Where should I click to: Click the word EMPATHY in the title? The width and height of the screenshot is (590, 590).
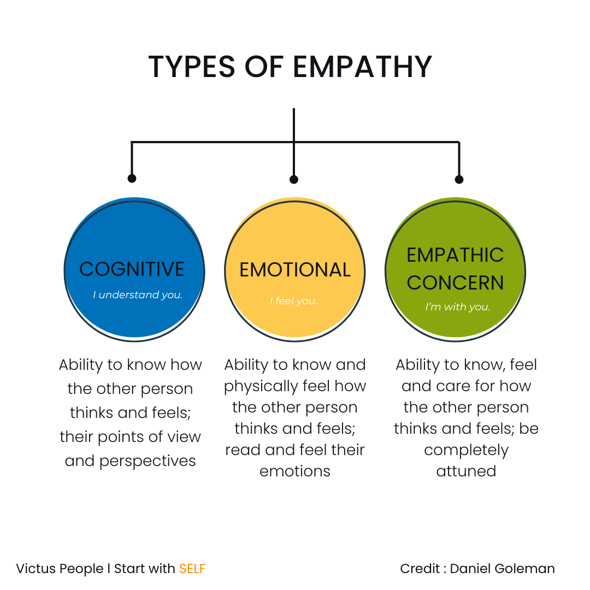click(x=362, y=67)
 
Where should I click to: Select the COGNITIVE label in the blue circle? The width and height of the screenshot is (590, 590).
click(x=132, y=269)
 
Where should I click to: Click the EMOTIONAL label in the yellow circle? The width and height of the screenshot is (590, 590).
click(x=295, y=270)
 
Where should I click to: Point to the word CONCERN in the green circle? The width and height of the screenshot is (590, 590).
click(x=455, y=282)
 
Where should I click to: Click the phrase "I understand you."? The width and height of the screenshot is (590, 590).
click(x=138, y=295)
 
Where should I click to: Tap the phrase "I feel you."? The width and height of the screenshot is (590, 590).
click(x=293, y=301)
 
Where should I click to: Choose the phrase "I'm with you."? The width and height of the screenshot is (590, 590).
click(x=458, y=307)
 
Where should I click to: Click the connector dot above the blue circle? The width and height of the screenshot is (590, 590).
click(x=132, y=178)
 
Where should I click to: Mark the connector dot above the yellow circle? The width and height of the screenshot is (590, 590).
click(x=294, y=179)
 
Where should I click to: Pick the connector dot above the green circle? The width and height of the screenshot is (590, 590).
click(x=459, y=179)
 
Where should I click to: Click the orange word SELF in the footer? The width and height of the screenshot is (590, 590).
click(x=192, y=569)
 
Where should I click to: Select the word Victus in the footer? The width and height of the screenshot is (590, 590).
click(x=36, y=569)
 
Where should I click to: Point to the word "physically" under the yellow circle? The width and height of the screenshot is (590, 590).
click(x=261, y=386)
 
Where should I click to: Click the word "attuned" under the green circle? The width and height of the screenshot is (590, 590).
click(x=466, y=471)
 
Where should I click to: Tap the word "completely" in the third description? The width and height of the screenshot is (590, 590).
click(x=466, y=450)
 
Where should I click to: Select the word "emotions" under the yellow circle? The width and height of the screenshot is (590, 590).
click(x=295, y=471)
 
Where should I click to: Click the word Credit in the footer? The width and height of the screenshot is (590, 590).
click(x=420, y=569)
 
